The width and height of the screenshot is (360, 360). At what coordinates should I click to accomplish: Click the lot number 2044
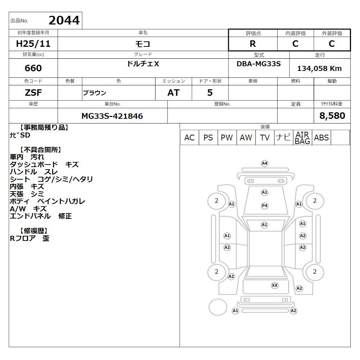pyautogui.click(x=64, y=20)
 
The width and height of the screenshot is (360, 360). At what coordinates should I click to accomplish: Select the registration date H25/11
pyautogui.click(x=33, y=44)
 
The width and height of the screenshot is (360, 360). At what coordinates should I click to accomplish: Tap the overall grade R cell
pyautogui.click(x=253, y=44)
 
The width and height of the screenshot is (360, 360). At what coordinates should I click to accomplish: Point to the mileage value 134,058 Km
pyautogui.click(x=319, y=68)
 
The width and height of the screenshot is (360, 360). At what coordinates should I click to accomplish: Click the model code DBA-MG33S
pyautogui.click(x=258, y=64)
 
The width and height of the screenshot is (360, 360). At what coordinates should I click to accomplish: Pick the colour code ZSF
pyautogui.click(x=33, y=93)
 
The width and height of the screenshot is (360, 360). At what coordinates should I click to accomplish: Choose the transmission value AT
pyautogui.click(x=174, y=93)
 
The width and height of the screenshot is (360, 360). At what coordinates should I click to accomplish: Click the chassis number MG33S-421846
pyautogui.click(x=112, y=116)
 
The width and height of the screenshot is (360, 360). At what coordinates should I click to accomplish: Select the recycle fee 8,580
pyautogui.click(x=332, y=116)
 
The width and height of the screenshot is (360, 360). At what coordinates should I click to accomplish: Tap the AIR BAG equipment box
pyautogui.click(x=302, y=138)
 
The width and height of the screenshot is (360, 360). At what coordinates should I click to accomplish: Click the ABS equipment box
pyautogui.click(x=321, y=138)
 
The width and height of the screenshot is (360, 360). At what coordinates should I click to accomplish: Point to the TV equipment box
pyautogui.click(x=265, y=138)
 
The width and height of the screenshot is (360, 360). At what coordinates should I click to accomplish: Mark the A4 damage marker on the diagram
pyautogui.click(x=265, y=163)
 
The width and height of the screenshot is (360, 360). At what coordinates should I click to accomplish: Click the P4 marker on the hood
pyautogui.click(x=265, y=206)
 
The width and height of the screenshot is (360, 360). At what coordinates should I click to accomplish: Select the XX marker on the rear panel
pyautogui.click(x=275, y=285)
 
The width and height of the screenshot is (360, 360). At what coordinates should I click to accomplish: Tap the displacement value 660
pyautogui.click(x=33, y=68)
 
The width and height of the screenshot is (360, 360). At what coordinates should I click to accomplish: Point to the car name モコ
pyautogui.click(x=143, y=44)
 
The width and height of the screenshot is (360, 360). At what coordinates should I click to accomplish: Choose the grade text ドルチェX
pyautogui.click(x=143, y=64)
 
